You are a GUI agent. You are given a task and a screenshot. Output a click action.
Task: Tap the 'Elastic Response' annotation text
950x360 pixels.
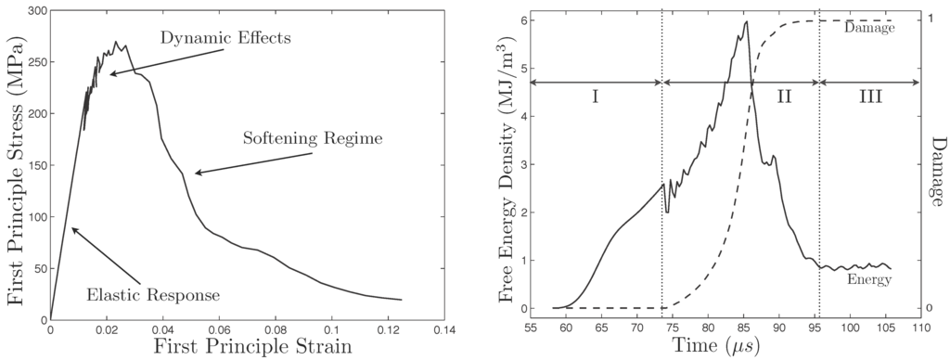tap(153, 296)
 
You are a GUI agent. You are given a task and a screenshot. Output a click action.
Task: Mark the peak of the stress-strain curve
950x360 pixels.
tap(116, 42)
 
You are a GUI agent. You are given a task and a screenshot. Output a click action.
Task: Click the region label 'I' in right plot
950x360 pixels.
tap(596, 96)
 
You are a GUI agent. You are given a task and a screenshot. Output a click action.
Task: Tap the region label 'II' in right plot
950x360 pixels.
tap(784, 96)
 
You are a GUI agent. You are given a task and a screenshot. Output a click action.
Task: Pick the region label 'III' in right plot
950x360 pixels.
tap(869, 96)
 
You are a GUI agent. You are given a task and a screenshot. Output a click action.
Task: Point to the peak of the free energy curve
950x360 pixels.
tap(746, 21)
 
